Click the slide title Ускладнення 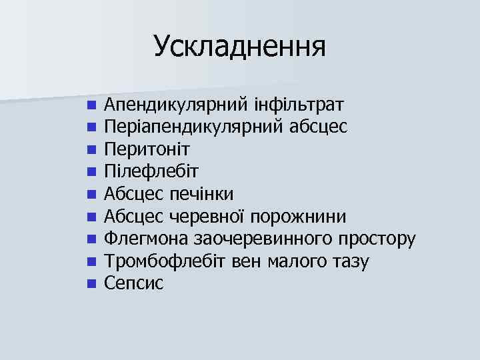coord(239,47)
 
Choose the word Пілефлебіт coord(146,171)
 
